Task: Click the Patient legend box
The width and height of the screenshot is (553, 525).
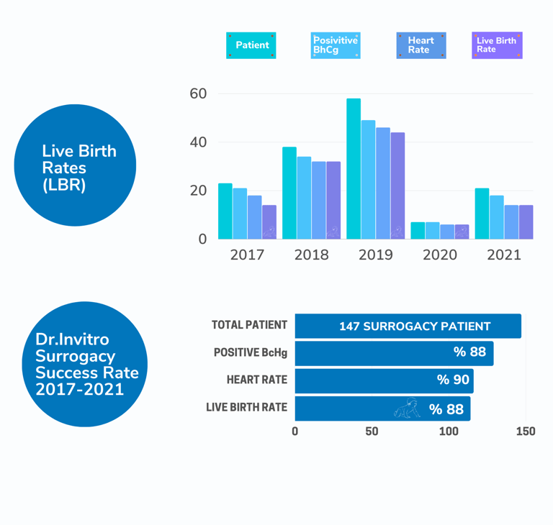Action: coord(251,45)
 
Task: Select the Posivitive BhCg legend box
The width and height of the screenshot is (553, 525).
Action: coord(336,45)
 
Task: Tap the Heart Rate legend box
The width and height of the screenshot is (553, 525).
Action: coord(421,45)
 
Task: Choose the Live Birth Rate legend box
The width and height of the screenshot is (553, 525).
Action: coord(497,45)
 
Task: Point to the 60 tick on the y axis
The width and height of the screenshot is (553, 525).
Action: coord(198,93)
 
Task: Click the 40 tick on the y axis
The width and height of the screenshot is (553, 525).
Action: coord(198,142)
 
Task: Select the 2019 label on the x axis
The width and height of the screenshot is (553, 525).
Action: coord(375,255)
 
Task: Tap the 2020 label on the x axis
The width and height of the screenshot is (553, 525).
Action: coord(439,255)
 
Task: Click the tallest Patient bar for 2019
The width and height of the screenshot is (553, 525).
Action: coord(354,169)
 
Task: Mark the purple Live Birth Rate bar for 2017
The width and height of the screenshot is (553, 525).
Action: coord(269,222)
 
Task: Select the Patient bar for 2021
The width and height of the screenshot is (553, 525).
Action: coord(482,214)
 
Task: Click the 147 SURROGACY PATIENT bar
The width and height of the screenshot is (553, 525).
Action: coord(408,326)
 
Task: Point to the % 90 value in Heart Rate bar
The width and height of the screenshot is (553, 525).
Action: coord(453,380)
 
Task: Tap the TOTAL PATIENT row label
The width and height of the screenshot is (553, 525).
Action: coord(249,325)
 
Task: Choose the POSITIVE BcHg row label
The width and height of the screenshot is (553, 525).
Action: coord(251,352)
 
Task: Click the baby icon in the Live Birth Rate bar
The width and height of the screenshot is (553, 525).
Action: coord(407,408)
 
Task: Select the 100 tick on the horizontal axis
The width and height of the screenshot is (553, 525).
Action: coord(449,432)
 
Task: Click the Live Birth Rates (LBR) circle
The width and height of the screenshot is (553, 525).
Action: coord(75,165)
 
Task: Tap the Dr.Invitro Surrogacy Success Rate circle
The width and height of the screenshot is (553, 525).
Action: coord(86,364)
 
